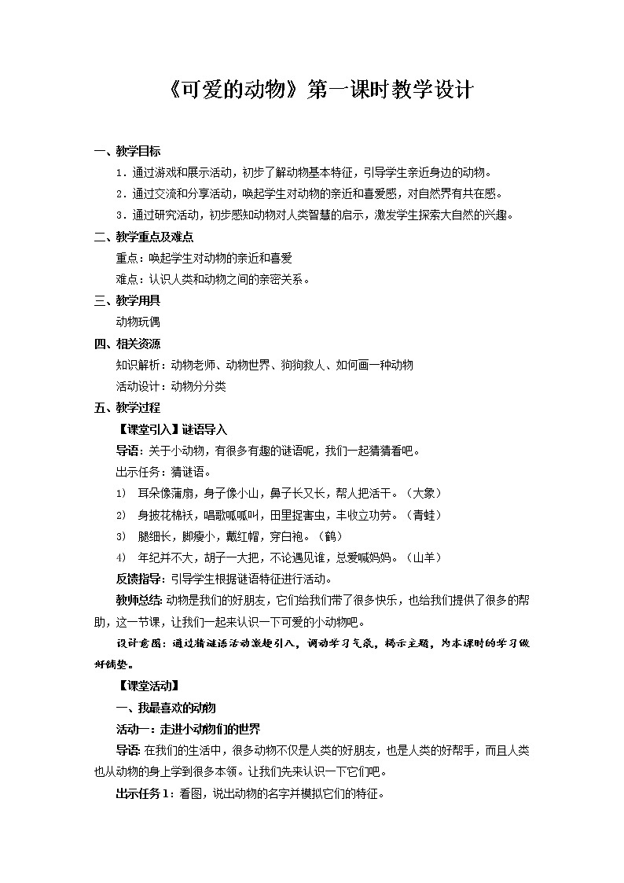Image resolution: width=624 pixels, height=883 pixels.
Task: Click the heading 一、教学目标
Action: click(x=127, y=152)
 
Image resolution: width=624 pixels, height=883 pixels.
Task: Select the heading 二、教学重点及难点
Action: click(x=144, y=237)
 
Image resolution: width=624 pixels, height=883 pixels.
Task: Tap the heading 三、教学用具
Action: click(x=127, y=300)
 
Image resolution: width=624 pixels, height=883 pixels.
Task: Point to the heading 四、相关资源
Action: click(x=127, y=344)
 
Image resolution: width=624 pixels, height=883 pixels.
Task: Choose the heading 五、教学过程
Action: click(x=127, y=407)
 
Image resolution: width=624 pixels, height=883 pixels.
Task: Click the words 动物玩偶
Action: click(x=137, y=322)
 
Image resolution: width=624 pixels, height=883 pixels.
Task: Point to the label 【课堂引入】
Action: click(x=148, y=429)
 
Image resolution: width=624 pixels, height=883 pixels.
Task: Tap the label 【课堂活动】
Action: click(x=148, y=685)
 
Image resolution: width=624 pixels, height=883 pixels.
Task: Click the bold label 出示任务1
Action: click(x=143, y=793)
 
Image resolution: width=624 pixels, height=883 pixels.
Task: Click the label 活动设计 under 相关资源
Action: click(x=137, y=386)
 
